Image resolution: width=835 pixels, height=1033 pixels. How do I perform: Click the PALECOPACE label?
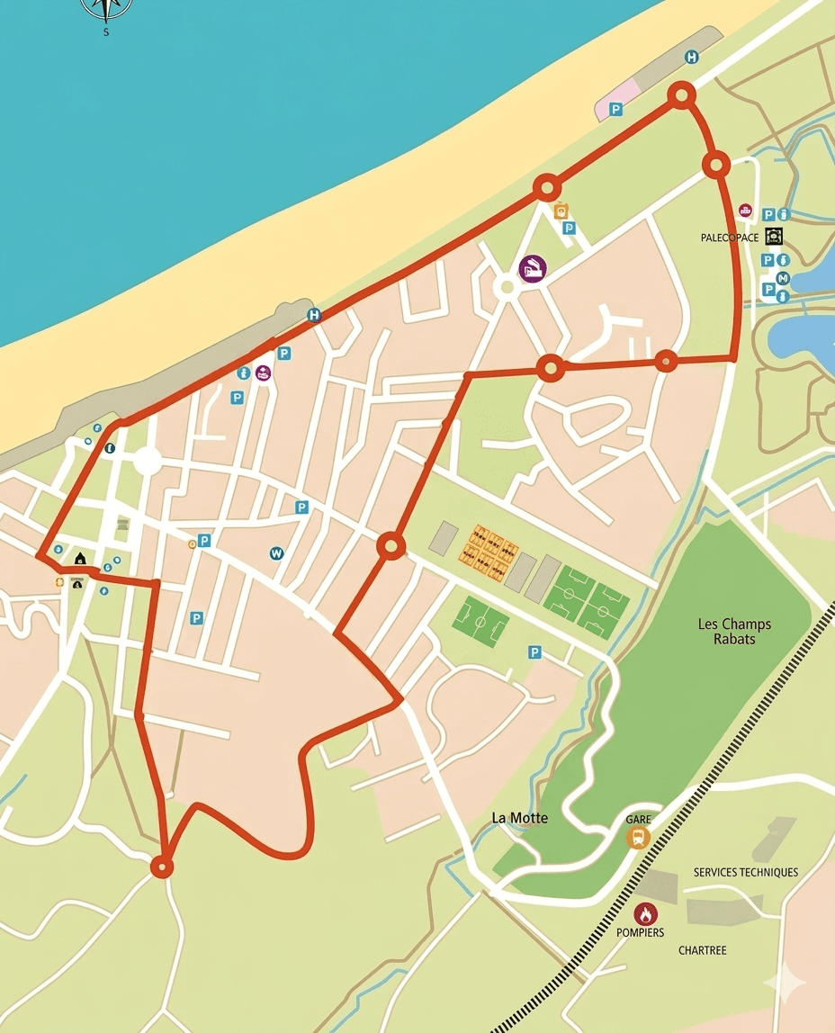(x=729, y=238)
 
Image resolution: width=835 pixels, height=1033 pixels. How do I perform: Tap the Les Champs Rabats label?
(x=734, y=631)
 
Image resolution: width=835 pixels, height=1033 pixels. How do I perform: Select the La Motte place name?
(x=519, y=818)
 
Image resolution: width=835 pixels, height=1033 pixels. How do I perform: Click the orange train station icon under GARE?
(x=638, y=838)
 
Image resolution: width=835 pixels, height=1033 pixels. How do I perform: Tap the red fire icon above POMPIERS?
(x=645, y=914)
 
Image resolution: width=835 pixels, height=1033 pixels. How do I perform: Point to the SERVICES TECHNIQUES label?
(x=745, y=872)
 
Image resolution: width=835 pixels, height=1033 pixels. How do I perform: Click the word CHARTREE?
(x=702, y=950)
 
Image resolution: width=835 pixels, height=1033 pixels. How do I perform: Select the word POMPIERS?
(x=640, y=933)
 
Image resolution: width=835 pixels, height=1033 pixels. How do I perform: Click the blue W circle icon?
(x=276, y=553)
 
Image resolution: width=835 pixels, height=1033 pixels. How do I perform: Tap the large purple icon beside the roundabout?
(x=532, y=268)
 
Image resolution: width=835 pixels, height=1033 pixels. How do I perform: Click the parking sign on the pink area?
(x=616, y=109)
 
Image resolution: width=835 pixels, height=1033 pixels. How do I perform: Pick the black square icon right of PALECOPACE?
(x=774, y=237)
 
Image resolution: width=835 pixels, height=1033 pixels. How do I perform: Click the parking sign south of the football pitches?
(x=534, y=652)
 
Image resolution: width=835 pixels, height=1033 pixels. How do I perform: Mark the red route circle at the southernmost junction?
(x=161, y=867)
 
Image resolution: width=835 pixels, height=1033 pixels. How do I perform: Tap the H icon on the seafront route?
(x=313, y=315)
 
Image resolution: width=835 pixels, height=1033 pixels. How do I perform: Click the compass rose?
(x=106, y=7)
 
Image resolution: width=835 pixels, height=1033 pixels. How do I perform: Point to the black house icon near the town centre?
(x=80, y=559)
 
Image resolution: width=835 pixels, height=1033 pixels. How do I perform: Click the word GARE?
(x=639, y=820)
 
